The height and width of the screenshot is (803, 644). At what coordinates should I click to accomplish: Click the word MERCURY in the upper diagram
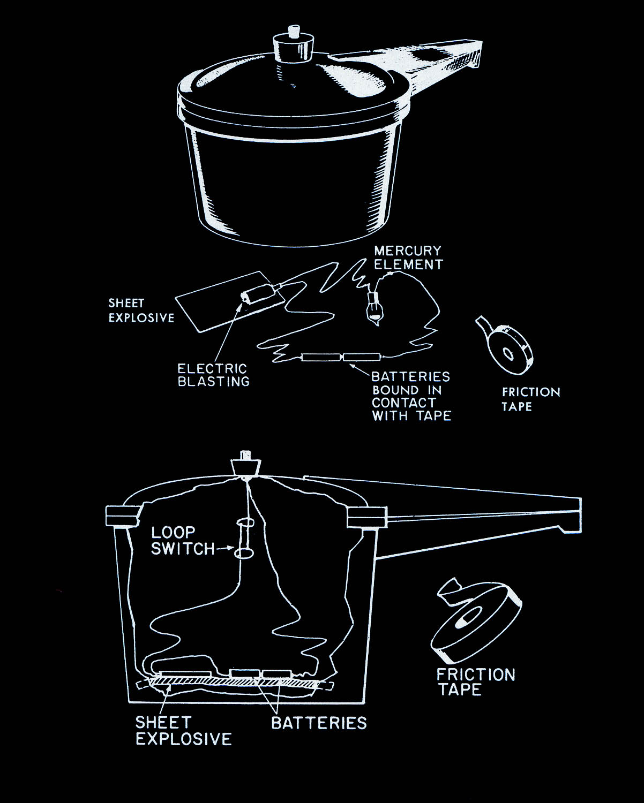(x=408, y=251)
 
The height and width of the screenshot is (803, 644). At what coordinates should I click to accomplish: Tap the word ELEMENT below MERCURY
(x=409, y=264)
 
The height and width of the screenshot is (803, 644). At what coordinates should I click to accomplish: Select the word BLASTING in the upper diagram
(x=213, y=382)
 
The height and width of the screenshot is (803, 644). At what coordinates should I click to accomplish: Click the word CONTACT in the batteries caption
(x=404, y=403)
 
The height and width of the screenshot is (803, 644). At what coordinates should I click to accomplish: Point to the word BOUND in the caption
(x=395, y=390)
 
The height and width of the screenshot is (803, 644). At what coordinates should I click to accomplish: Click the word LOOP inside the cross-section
(x=173, y=533)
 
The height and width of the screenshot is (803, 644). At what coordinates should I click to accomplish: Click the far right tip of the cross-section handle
(x=580, y=515)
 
